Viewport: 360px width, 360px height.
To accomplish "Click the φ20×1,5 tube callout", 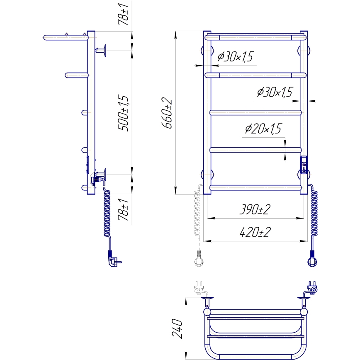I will [x=263, y=129].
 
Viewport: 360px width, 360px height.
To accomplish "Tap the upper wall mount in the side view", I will [x=102, y=51].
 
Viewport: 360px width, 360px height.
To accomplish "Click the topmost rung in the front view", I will [x=255, y=37].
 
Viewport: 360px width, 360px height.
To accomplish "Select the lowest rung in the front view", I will [x=255, y=187].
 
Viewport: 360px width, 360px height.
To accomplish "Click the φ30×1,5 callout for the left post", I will [x=235, y=57].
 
